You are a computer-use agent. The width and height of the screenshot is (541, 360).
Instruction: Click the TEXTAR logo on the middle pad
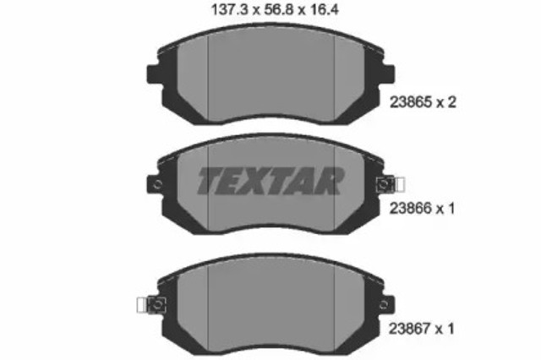tap(270, 180)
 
